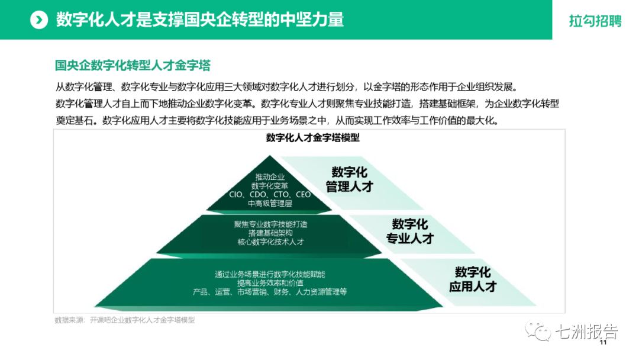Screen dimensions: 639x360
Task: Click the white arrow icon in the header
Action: pos(39,20)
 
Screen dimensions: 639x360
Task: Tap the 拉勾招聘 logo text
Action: pos(595,21)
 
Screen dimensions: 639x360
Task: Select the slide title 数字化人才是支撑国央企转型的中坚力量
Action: pos(200,20)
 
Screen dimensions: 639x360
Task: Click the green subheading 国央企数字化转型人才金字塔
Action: pos(133,65)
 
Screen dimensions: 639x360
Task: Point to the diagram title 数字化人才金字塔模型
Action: pos(313,138)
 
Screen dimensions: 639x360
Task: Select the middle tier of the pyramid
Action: pos(270,233)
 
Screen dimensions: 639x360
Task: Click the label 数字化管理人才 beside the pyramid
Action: pos(350,179)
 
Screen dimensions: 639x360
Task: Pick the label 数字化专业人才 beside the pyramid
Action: pos(410,232)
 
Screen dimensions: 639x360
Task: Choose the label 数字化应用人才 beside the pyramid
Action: pos(473,279)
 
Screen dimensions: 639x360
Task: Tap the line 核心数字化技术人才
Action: pos(270,242)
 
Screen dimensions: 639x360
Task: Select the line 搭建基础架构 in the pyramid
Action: pos(270,233)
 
